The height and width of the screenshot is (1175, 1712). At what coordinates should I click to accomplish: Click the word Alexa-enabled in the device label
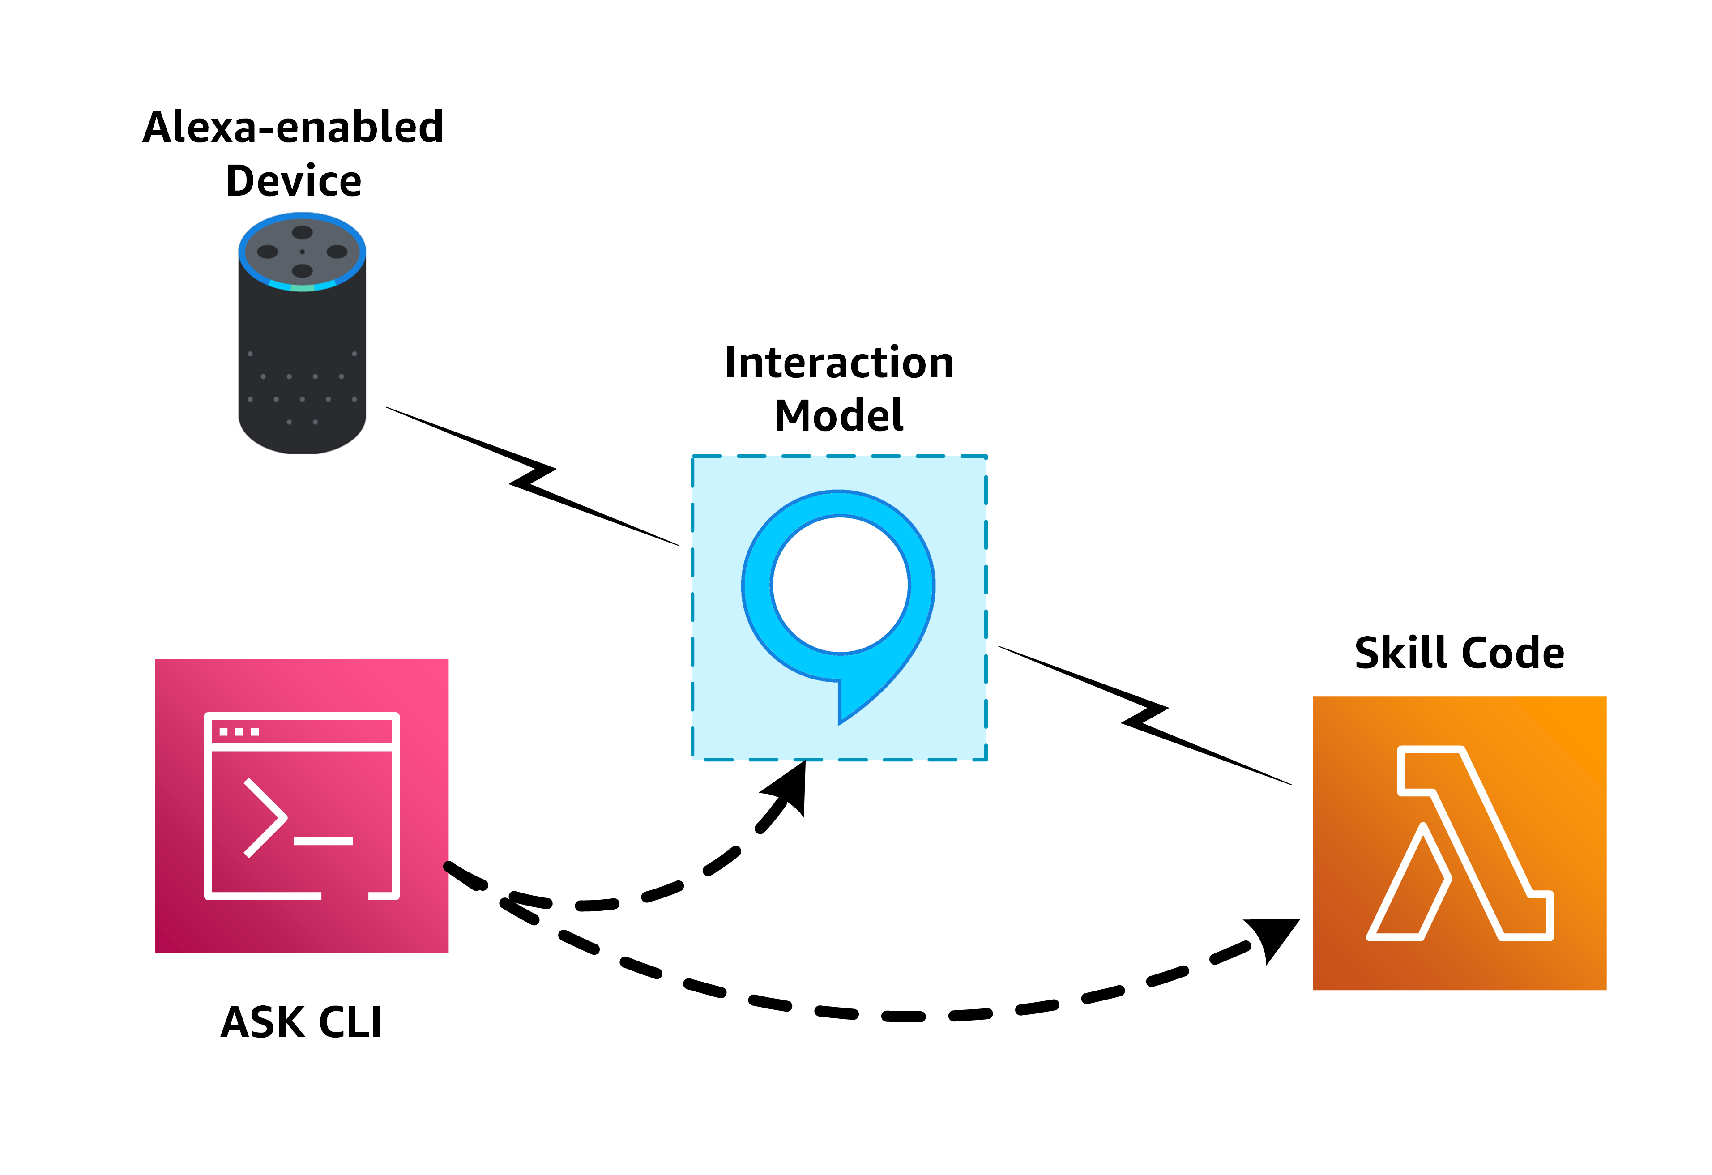[x=293, y=128]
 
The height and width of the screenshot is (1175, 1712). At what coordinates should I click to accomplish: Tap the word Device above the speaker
[x=293, y=181]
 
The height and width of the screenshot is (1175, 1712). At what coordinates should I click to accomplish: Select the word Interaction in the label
[x=839, y=363]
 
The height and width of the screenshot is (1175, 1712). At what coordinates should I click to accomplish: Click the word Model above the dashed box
[x=839, y=415]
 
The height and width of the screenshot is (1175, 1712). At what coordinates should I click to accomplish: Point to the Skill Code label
[x=1459, y=653]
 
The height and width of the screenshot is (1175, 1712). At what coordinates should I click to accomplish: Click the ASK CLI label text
[x=301, y=1022]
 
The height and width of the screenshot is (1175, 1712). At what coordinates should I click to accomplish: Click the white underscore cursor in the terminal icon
[x=324, y=841]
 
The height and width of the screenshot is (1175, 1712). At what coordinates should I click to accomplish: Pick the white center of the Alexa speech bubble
[x=841, y=584]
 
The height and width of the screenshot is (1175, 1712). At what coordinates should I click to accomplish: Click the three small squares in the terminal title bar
[x=239, y=731]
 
